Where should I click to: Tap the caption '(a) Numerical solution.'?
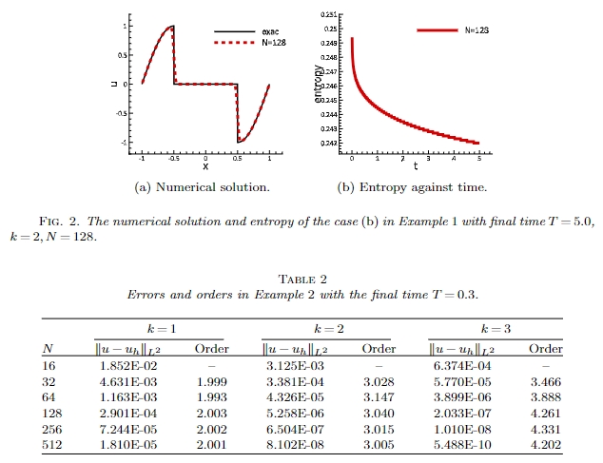tap(204, 186)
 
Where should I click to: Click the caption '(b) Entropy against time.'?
tap(413, 186)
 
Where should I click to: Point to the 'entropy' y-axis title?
tap(319, 84)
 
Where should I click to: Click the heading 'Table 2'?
tap(301, 279)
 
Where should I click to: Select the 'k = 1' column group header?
tap(158, 329)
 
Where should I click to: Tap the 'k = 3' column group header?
tap(496, 329)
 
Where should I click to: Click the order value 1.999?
tap(210, 380)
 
